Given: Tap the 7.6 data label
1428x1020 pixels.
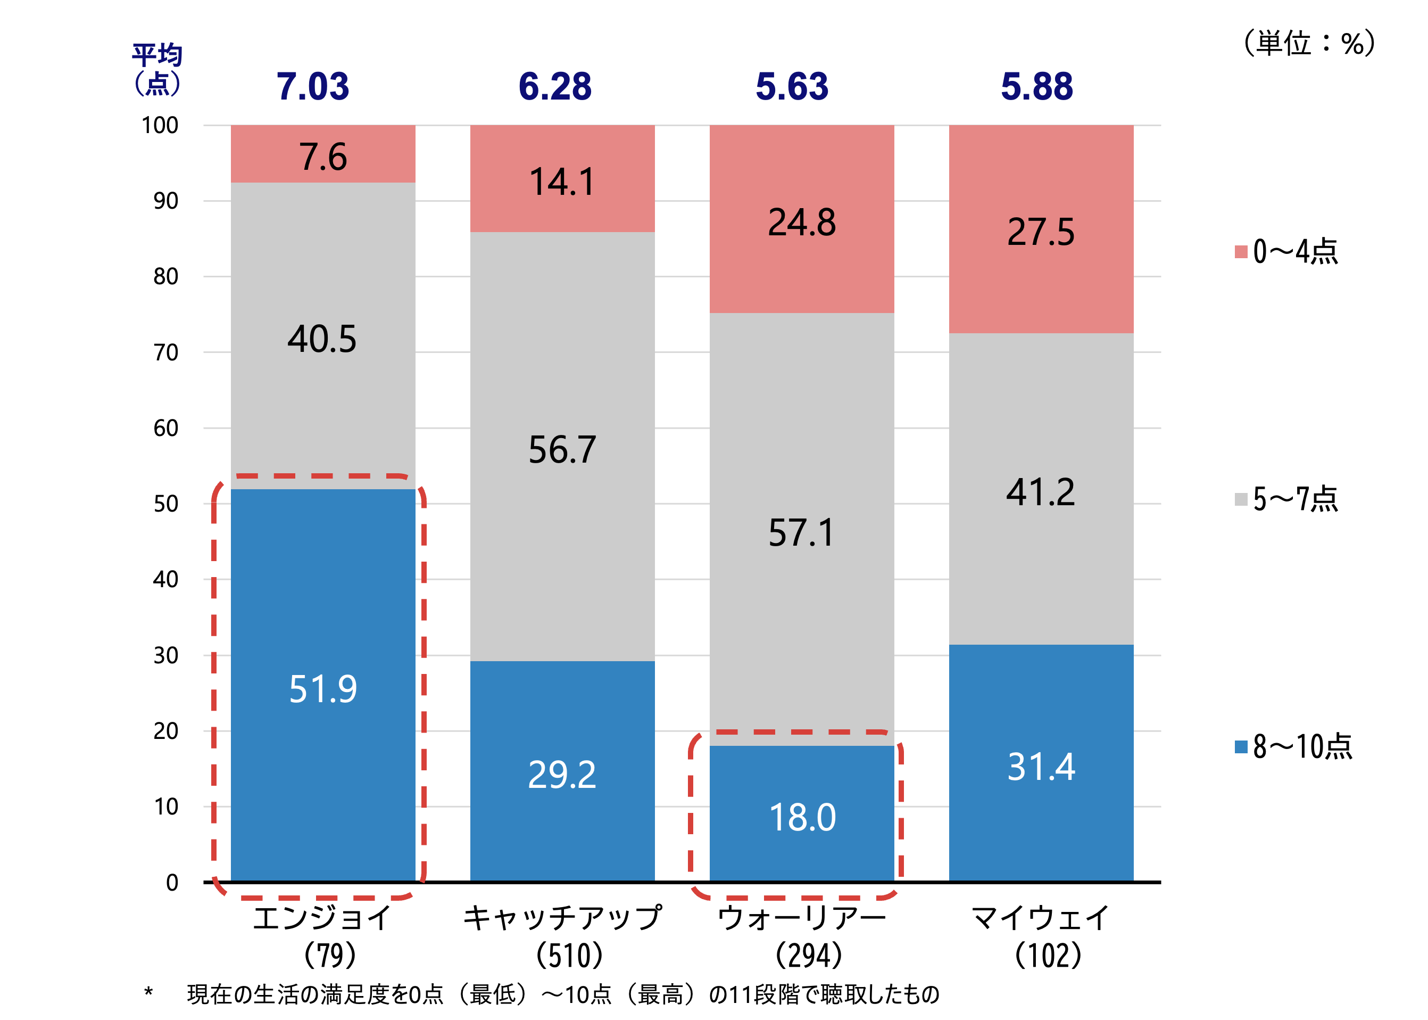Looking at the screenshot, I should click(x=322, y=157).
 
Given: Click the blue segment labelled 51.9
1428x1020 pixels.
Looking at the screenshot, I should click(x=322, y=628).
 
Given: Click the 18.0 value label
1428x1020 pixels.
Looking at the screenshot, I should click(x=802, y=817).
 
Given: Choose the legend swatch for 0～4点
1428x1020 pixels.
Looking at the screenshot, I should click(x=1240, y=252).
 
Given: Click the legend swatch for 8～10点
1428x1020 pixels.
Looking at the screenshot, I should click(x=1240, y=747).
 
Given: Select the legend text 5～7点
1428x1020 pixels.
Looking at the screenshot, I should click(x=1296, y=499).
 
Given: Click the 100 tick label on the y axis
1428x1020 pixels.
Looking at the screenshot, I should click(x=160, y=125).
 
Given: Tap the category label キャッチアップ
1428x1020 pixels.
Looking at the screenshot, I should click(x=562, y=918).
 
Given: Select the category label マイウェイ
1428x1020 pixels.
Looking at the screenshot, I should click(x=1041, y=918).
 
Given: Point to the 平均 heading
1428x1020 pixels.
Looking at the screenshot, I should click(x=157, y=55).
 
